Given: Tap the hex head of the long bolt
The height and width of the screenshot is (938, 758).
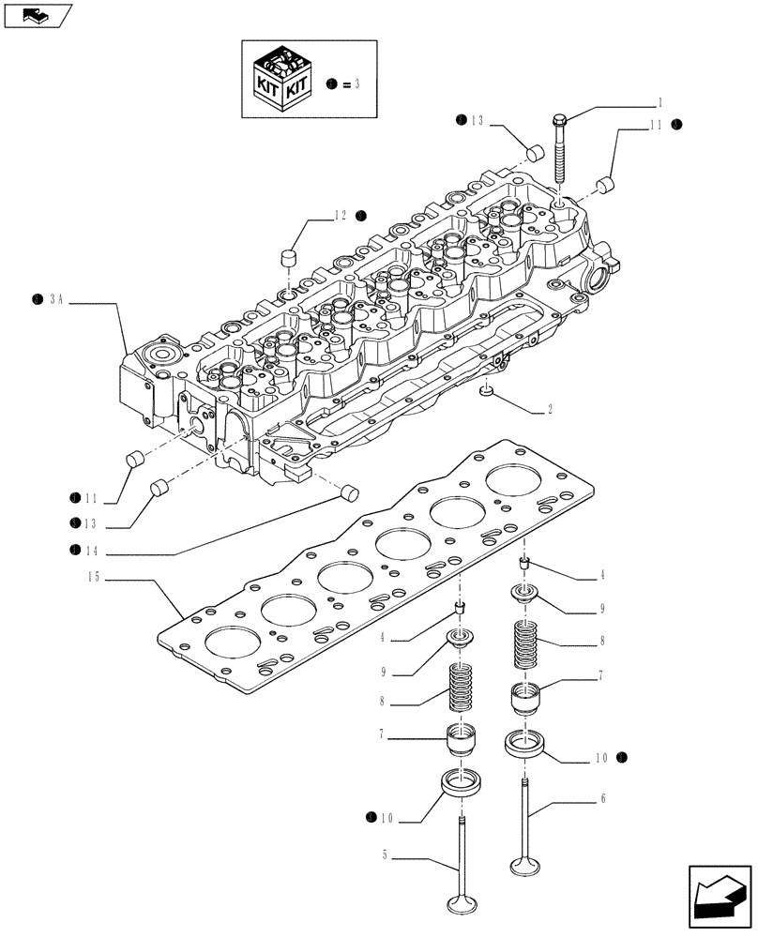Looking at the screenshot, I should coord(560,121).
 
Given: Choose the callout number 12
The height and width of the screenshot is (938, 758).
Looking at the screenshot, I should coord(340,216).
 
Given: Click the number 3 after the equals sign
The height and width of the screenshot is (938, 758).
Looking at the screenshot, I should coord(356,84).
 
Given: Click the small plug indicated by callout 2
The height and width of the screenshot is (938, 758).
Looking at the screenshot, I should coord(486,389).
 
